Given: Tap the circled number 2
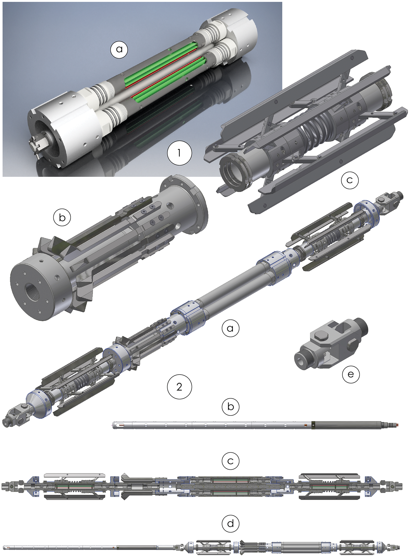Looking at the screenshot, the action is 179,387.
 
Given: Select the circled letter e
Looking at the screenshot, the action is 351,374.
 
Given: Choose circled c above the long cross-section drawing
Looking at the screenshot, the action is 231,461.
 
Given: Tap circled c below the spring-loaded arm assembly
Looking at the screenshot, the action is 350,180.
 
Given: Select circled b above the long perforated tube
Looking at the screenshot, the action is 231,407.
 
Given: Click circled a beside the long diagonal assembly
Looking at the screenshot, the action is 230,328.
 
